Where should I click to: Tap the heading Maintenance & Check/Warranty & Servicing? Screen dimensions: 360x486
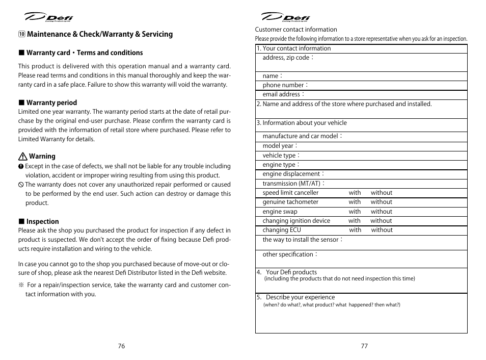point(99,34)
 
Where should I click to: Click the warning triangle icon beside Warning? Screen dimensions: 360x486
point(22,157)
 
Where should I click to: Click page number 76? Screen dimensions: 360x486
point(121,346)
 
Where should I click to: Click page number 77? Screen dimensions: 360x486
point(364,346)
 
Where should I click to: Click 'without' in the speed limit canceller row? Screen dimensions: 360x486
point(382,193)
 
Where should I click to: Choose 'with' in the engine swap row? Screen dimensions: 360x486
point(355,212)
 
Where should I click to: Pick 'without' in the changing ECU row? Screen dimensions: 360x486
point(382,230)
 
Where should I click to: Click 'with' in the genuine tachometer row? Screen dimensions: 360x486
point(355,202)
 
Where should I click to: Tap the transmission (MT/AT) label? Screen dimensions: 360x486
point(292,184)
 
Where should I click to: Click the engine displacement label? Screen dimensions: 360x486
point(291,174)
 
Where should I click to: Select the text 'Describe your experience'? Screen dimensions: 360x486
point(300,297)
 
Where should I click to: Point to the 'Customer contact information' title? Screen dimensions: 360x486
point(296,30)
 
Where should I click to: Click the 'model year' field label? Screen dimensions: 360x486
point(278,146)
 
